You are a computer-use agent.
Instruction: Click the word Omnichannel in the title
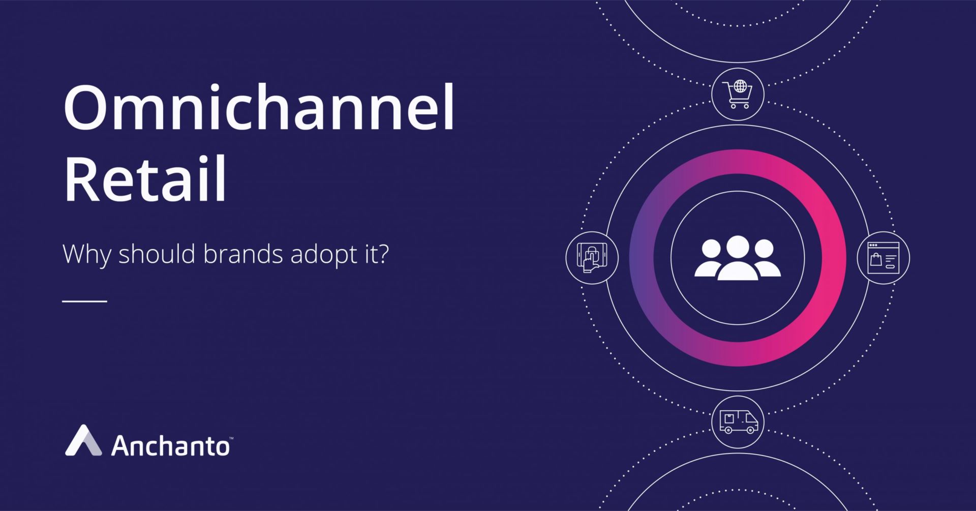tap(259, 108)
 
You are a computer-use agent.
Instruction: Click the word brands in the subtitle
tap(243, 254)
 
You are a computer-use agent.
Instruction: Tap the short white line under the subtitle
tap(85, 301)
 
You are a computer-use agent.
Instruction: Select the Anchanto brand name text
tap(170, 446)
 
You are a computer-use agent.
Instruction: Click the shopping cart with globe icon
tap(738, 94)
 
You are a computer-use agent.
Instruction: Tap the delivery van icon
tap(738, 422)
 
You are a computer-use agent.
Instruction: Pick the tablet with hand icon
tap(592, 257)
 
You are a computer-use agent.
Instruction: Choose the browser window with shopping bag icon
tap(883, 258)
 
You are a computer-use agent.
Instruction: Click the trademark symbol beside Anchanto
tap(231, 438)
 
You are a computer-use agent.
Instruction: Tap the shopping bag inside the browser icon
tap(875, 260)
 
